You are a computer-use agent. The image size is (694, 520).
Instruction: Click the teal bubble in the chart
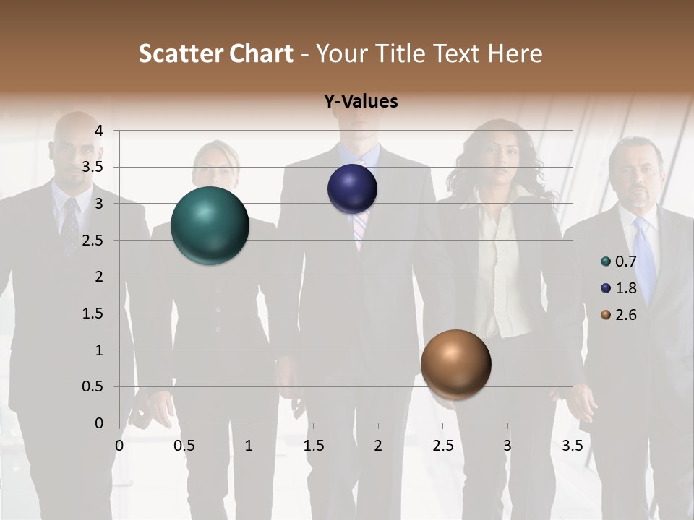click(210, 225)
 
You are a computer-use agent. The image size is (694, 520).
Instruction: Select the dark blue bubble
click(352, 188)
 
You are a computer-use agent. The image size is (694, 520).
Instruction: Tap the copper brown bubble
click(455, 364)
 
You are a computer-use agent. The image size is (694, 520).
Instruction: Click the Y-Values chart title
click(360, 102)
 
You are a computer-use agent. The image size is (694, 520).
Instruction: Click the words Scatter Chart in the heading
click(215, 53)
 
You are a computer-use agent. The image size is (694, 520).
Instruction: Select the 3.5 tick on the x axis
click(572, 446)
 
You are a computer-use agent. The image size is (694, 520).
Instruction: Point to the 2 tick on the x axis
click(377, 446)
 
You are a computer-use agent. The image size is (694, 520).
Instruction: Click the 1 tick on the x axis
click(249, 446)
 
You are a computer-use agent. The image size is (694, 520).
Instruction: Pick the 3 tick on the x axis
click(507, 446)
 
